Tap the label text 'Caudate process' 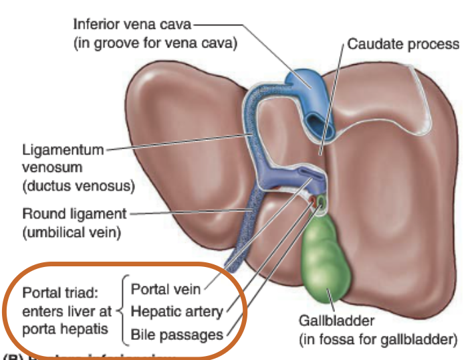pyautogui.click(x=403, y=44)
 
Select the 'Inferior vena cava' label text pyautogui.click(x=132, y=25)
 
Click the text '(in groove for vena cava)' pyautogui.click(x=155, y=43)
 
